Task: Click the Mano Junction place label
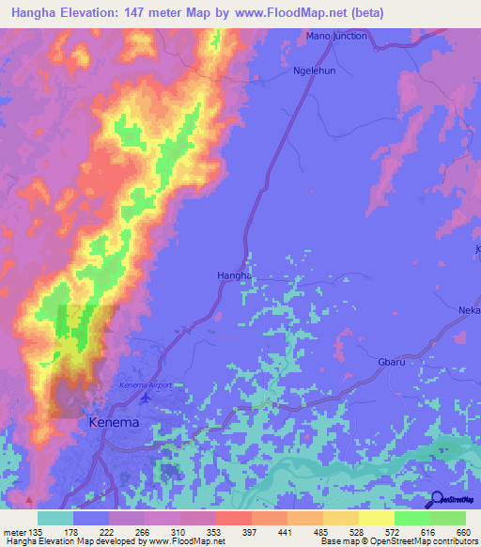click(x=336, y=36)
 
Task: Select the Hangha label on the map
click(x=233, y=274)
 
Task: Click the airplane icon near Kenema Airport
click(x=144, y=399)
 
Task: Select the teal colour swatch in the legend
click(x=54, y=518)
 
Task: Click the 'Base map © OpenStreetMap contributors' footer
click(x=397, y=541)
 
